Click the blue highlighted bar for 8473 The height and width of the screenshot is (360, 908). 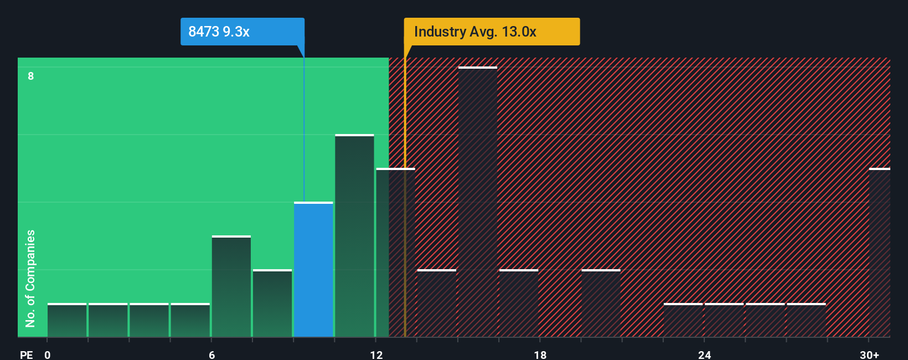click(313, 270)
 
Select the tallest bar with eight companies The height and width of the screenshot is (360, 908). click(478, 202)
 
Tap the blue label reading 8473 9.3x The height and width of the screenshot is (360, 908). click(242, 32)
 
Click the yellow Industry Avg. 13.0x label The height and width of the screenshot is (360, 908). click(492, 32)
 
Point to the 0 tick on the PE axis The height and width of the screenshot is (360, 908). click(48, 355)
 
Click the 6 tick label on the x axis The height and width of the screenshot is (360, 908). click(211, 355)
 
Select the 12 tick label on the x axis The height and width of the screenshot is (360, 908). click(376, 355)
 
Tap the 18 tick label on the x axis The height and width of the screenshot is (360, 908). click(540, 355)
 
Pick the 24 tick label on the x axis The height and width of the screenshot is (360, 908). click(704, 355)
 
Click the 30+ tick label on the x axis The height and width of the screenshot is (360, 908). click(869, 355)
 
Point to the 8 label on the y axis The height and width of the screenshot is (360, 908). click(31, 76)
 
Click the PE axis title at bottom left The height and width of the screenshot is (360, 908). click(26, 355)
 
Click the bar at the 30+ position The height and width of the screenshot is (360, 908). click(879, 253)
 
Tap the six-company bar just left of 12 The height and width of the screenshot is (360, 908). click(354, 236)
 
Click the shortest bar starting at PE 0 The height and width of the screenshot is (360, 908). click(67, 320)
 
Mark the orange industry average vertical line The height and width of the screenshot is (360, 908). click(405, 222)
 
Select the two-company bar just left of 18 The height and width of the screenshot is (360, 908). click(519, 304)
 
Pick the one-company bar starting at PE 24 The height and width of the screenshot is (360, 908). click(724, 320)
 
